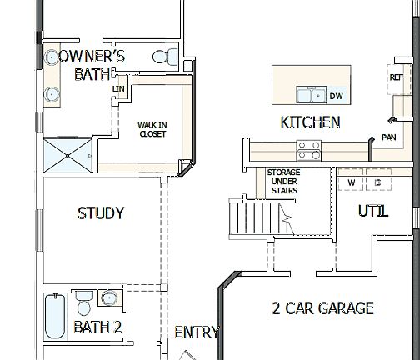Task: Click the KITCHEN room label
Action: pyautogui.click(x=310, y=122)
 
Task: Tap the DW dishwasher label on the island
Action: pyautogui.click(x=337, y=95)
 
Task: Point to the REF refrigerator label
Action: pyautogui.click(x=396, y=77)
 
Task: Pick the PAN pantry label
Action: pyautogui.click(x=388, y=137)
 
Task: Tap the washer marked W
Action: pyautogui.click(x=351, y=182)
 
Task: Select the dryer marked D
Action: pyautogui.click(x=377, y=182)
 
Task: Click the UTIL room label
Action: pyautogui.click(x=372, y=211)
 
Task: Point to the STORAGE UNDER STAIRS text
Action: pyautogui.click(x=282, y=181)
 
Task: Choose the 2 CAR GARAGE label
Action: pyautogui.click(x=322, y=308)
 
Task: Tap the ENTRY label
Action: pyautogui.click(x=197, y=332)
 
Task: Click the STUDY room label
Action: pyautogui.click(x=100, y=213)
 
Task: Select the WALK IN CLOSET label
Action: pyautogui.click(x=152, y=128)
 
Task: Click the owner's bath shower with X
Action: pyautogui.click(x=70, y=154)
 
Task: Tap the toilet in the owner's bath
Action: pyautogui.click(x=163, y=57)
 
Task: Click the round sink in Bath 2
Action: pyautogui.click(x=109, y=298)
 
